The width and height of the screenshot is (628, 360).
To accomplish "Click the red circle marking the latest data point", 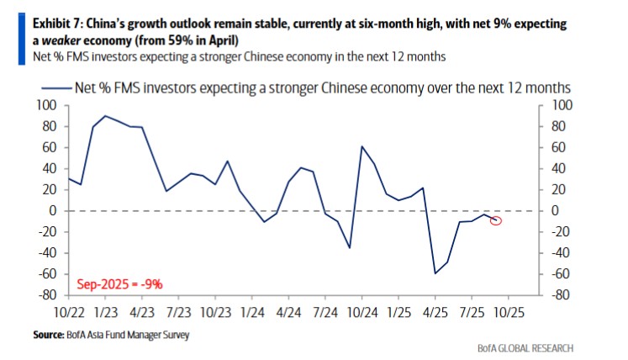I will [x=496, y=220].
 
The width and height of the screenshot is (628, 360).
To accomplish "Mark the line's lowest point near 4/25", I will [x=435, y=273].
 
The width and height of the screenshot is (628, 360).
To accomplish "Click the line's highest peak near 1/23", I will [x=104, y=116].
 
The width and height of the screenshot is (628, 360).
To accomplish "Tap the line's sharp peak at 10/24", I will [x=361, y=146].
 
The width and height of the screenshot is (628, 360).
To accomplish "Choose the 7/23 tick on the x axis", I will [x=177, y=310].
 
